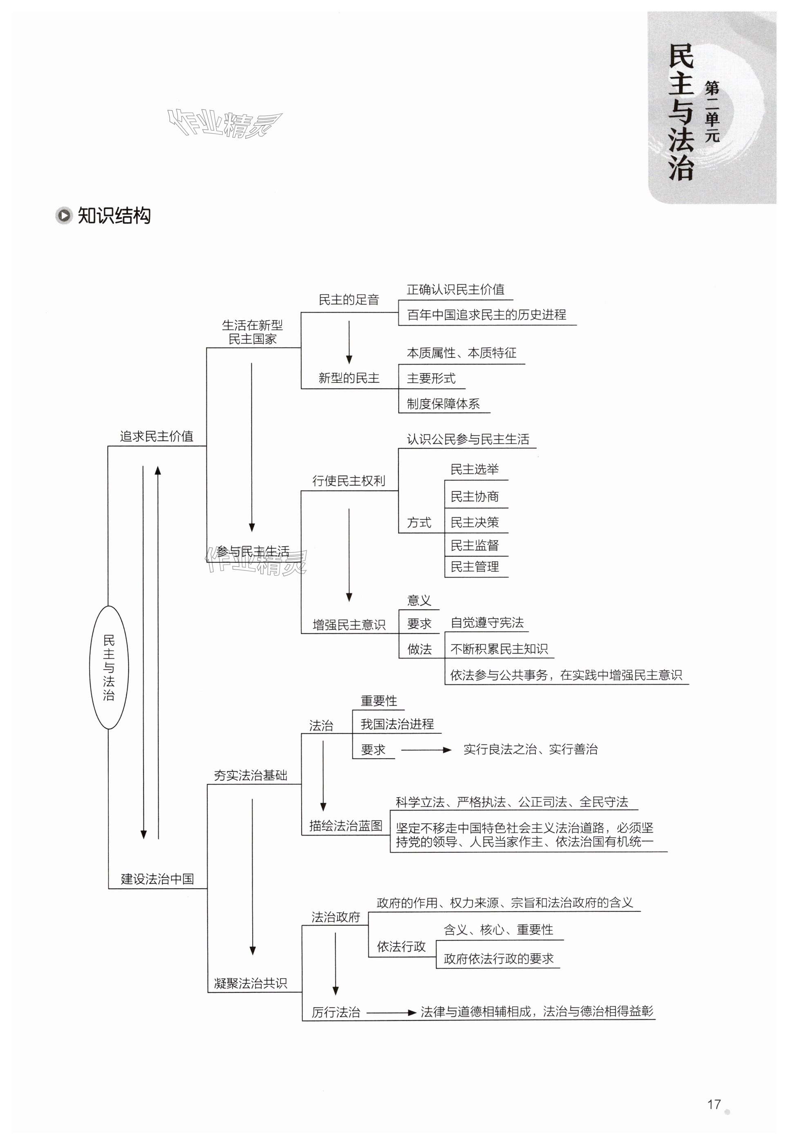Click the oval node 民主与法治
click(x=109, y=667)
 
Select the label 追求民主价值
click(x=157, y=436)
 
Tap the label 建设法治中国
click(x=157, y=879)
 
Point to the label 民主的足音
click(x=349, y=299)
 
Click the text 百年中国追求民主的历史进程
click(x=486, y=315)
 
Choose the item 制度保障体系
click(x=443, y=404)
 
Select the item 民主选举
click(x=475, y=469)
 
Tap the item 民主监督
click(x=475, y=545)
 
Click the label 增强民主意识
click(x=349, y=625)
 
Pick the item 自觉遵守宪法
click(x=487, y=623)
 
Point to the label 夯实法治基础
click(x=250, y=775)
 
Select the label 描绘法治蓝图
click(x=346, y=826)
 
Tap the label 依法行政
click(x=401, y=946)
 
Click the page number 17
click(x=714, y=1104)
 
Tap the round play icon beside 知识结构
click(x=64, y=216)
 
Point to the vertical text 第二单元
click(x=712, y=112)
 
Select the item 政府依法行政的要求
click(x=498, y=959)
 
